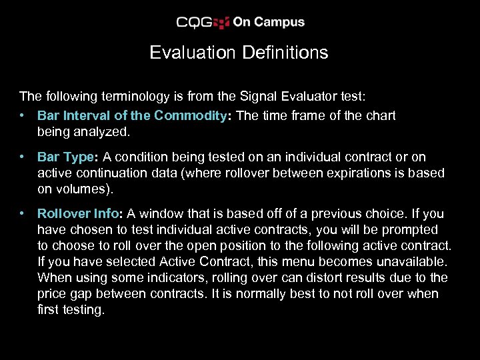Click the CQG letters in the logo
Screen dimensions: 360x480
(x=194, y=23)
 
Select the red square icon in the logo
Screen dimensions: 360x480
(x=221, y=23)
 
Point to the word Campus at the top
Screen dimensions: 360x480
(x=279, y=22)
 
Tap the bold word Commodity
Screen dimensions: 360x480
(x=191, y=115)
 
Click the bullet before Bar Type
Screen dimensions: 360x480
(x=23, y=157)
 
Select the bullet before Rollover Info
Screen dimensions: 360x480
(x=23, y=214)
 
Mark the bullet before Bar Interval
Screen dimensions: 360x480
(x=23, y=115)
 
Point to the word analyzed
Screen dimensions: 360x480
(x=105, y=132)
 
